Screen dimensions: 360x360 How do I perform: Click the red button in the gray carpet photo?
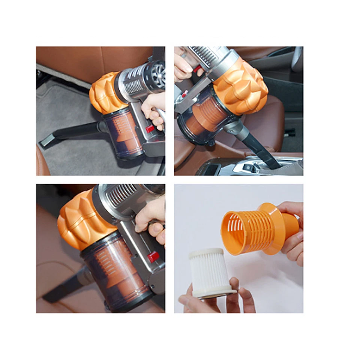150,129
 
